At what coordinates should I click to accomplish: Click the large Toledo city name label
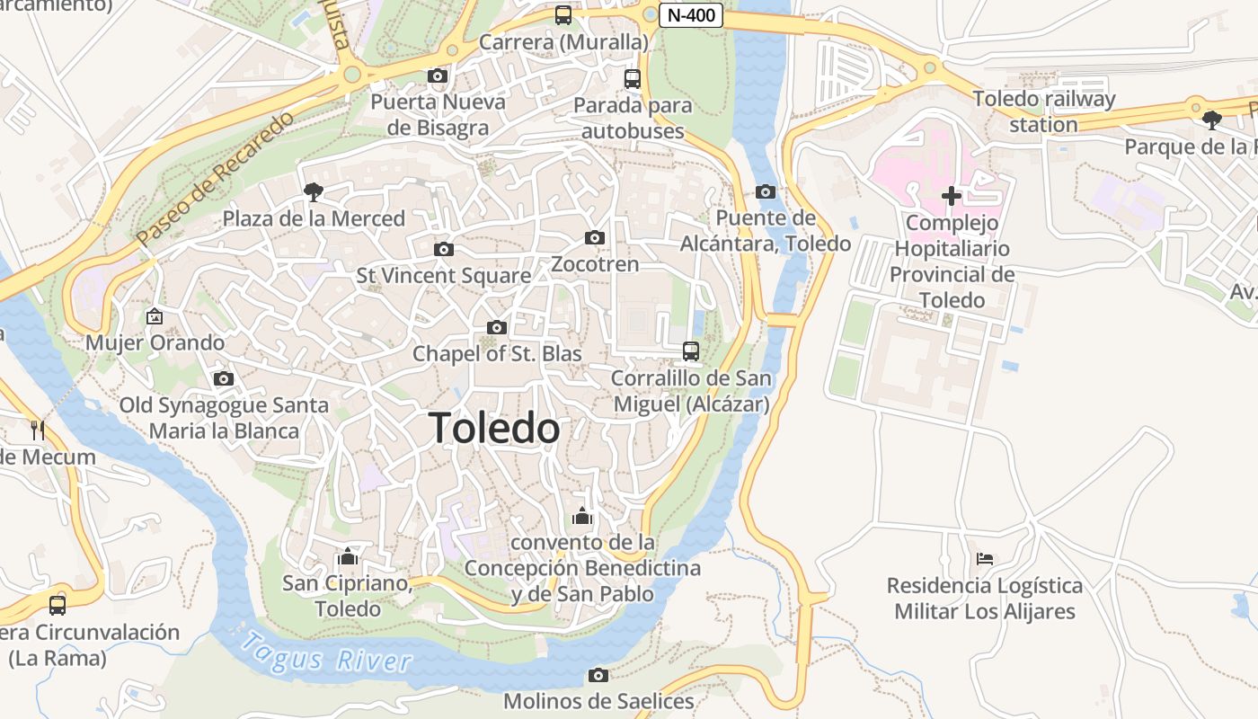(x=495, y=428)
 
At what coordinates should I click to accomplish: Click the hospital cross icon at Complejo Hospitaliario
(x=951, y=196)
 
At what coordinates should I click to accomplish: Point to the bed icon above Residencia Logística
(x=985, y=559)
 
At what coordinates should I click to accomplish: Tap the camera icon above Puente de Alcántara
(x=766, y=191)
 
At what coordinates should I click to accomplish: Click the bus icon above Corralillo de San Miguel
(x=691, y=351)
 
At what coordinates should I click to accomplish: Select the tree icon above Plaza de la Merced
(x=313, y=191)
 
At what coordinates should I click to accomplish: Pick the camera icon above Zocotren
(x=594, y=238)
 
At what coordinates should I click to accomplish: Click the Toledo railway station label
(x=1043, y=111)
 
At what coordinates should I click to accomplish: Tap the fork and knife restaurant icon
(x=37, y=430)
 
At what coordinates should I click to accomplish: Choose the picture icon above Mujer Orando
(x=155, y=316)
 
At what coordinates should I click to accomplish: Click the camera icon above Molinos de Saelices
(x=598, y=675)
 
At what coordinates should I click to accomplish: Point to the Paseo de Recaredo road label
(x=217, y=180)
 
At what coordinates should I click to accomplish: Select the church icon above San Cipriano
(x=347, y=556)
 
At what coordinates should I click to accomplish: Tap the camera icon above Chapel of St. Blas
(x=496, y=328)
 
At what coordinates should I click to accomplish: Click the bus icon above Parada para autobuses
(x=633, y=79)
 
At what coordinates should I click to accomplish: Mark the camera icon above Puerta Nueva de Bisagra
(x=438, y=75)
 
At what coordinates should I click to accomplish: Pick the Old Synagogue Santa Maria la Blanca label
(x=224, y=418)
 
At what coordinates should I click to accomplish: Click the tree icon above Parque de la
(x=1211, y=120)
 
